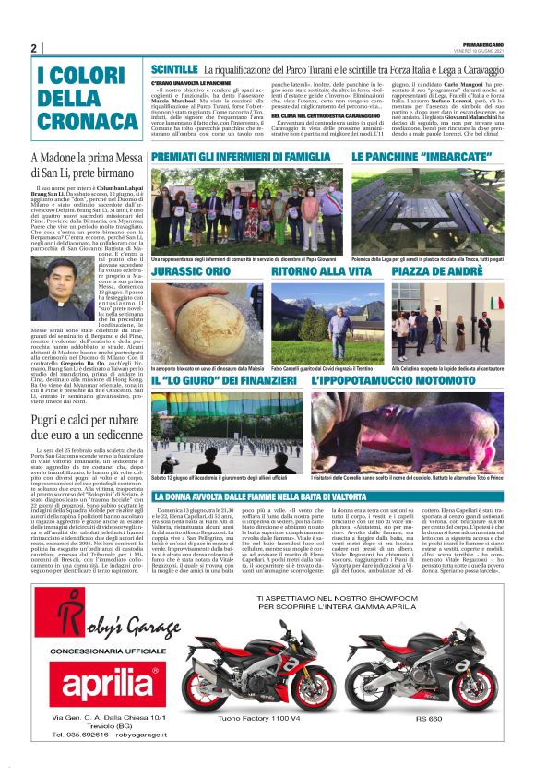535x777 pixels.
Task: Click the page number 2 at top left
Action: click(34, 48)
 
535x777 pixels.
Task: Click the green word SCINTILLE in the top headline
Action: click(174, 69)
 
